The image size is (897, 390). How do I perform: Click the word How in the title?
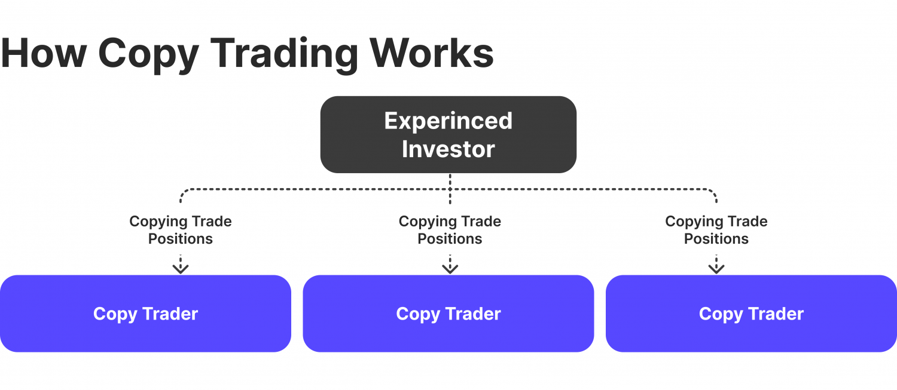[x=43, y=53]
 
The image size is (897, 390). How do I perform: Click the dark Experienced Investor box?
[x=448, y=134]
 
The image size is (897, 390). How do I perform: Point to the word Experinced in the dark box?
[x=448, y=121]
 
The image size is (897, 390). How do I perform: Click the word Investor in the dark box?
[x=448, y=149]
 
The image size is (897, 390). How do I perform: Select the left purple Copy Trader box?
[x=145, y=314]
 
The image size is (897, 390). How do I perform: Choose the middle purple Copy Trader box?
[x=448, y=314]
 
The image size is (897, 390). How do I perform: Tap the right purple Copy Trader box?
[x=751, y=314]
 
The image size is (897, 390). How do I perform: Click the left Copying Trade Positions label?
[x=181, y=230]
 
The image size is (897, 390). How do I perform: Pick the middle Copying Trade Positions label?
[x=450, y=230]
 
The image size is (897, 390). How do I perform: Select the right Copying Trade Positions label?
[x=716, y=230]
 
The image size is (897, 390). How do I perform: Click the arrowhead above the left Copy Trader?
[x=181, y=268]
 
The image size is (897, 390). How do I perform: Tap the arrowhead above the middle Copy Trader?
[x=450, y=268]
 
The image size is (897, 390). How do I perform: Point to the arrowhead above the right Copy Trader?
[x=716, y=268]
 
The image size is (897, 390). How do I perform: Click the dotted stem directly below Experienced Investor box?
[x=450, y=182]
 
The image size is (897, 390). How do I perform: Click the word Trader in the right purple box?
[x=776, y=314]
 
